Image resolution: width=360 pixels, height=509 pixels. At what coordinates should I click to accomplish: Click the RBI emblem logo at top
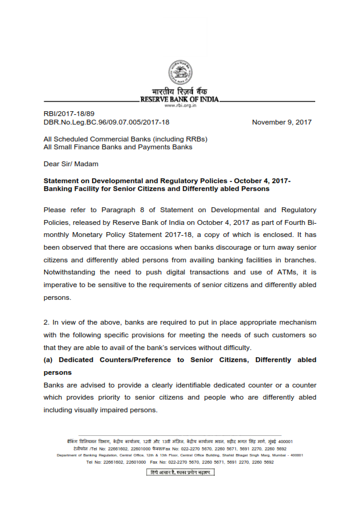180,72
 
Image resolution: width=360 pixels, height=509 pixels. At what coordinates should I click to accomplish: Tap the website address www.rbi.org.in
180,105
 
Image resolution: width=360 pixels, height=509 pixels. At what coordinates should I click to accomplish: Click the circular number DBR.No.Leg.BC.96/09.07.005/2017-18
106,122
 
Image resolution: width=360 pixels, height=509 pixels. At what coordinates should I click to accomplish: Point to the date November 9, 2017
281,122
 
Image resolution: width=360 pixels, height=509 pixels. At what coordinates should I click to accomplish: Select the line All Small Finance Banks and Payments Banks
118,147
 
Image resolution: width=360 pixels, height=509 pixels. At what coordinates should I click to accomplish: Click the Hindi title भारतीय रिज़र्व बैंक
180,91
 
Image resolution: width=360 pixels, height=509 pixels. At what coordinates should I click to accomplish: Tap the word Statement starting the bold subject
62,181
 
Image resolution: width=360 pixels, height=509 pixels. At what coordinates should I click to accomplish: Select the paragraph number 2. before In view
47,322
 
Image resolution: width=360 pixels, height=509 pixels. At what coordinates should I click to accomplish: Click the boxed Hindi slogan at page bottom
180,472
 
